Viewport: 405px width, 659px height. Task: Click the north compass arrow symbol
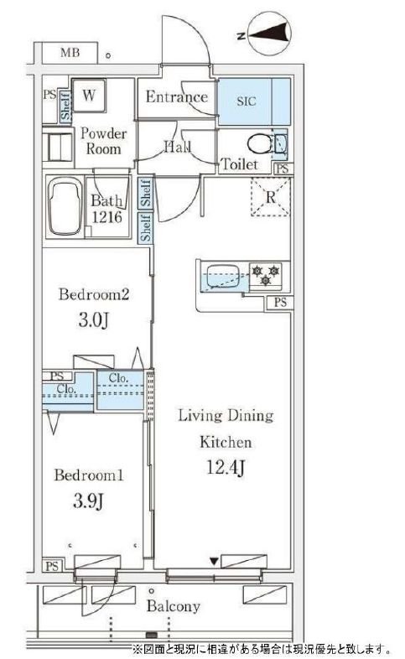pos(270,34)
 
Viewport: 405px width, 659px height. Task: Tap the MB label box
pos(70,53)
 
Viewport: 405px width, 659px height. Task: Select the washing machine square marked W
pos(89,96)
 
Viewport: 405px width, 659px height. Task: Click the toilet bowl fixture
pos(260,144)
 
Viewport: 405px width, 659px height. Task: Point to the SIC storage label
pos(247,101)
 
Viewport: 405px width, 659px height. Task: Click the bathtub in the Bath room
pos(65,206)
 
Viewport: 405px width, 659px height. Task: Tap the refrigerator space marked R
pos(271,197)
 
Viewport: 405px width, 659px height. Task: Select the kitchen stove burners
pos(266,275)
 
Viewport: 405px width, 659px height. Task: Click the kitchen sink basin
pos(221,277)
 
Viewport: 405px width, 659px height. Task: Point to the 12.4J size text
pos(226,467)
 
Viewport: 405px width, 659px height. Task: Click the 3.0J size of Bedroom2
pos(94,320)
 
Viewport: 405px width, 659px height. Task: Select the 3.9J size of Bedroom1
pos(89,501)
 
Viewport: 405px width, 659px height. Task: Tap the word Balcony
pos(173,606)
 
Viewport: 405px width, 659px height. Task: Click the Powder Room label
pos(103,141)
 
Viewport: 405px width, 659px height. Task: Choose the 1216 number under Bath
pos(107,217)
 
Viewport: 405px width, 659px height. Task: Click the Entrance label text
pos(177,97)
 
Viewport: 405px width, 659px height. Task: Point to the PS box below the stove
pos(280,302)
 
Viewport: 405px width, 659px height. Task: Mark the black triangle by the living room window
pos(215,562)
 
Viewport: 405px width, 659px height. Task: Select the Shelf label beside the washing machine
pos(66,106)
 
